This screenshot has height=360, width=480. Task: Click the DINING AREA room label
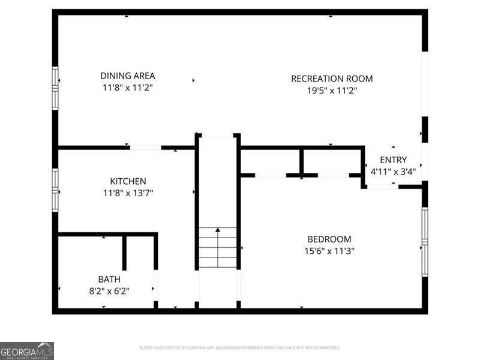click(127, 76)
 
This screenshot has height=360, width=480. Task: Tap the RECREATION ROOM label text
click(332, 79)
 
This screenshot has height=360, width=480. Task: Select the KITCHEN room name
click(128, 181)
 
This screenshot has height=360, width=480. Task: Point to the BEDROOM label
click(329, 239)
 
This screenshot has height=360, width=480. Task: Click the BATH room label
click(109, 280)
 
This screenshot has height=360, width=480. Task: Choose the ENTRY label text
click(393, 160)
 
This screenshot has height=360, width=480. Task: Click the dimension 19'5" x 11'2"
click(332, 91)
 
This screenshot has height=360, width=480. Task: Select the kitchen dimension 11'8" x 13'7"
click(128, 193)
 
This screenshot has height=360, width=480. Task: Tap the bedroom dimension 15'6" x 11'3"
click(329, 251)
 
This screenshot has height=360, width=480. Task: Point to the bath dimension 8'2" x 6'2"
click(109, 291)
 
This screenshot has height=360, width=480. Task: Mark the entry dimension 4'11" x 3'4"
click(393, 171)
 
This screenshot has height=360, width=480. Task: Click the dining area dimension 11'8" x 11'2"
click(127, 88)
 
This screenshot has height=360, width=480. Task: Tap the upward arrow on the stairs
click(217, 230)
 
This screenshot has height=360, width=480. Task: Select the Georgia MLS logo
click(27, 350)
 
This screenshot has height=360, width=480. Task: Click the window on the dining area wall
click(55, 88)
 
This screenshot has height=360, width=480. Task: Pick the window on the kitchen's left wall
click(55, 190)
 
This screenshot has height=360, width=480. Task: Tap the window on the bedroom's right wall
click(425, 242)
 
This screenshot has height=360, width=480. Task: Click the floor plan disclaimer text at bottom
click(240, 348)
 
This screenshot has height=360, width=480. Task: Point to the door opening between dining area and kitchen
click(145, 147)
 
